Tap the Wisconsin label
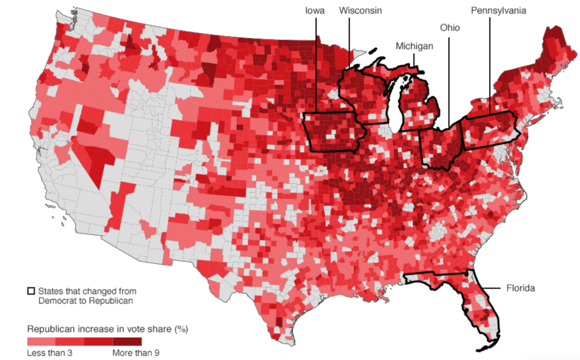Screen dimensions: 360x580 point(360,11)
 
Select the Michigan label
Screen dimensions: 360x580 point(415,46)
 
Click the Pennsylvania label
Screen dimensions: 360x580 point(499,11)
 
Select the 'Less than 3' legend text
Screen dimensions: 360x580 point(50,353)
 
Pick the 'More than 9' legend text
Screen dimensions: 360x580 point(136,353)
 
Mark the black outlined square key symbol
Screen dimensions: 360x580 point(31,291)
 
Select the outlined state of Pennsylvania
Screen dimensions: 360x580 point(490,129)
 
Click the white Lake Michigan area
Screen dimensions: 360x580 point(395,108)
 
